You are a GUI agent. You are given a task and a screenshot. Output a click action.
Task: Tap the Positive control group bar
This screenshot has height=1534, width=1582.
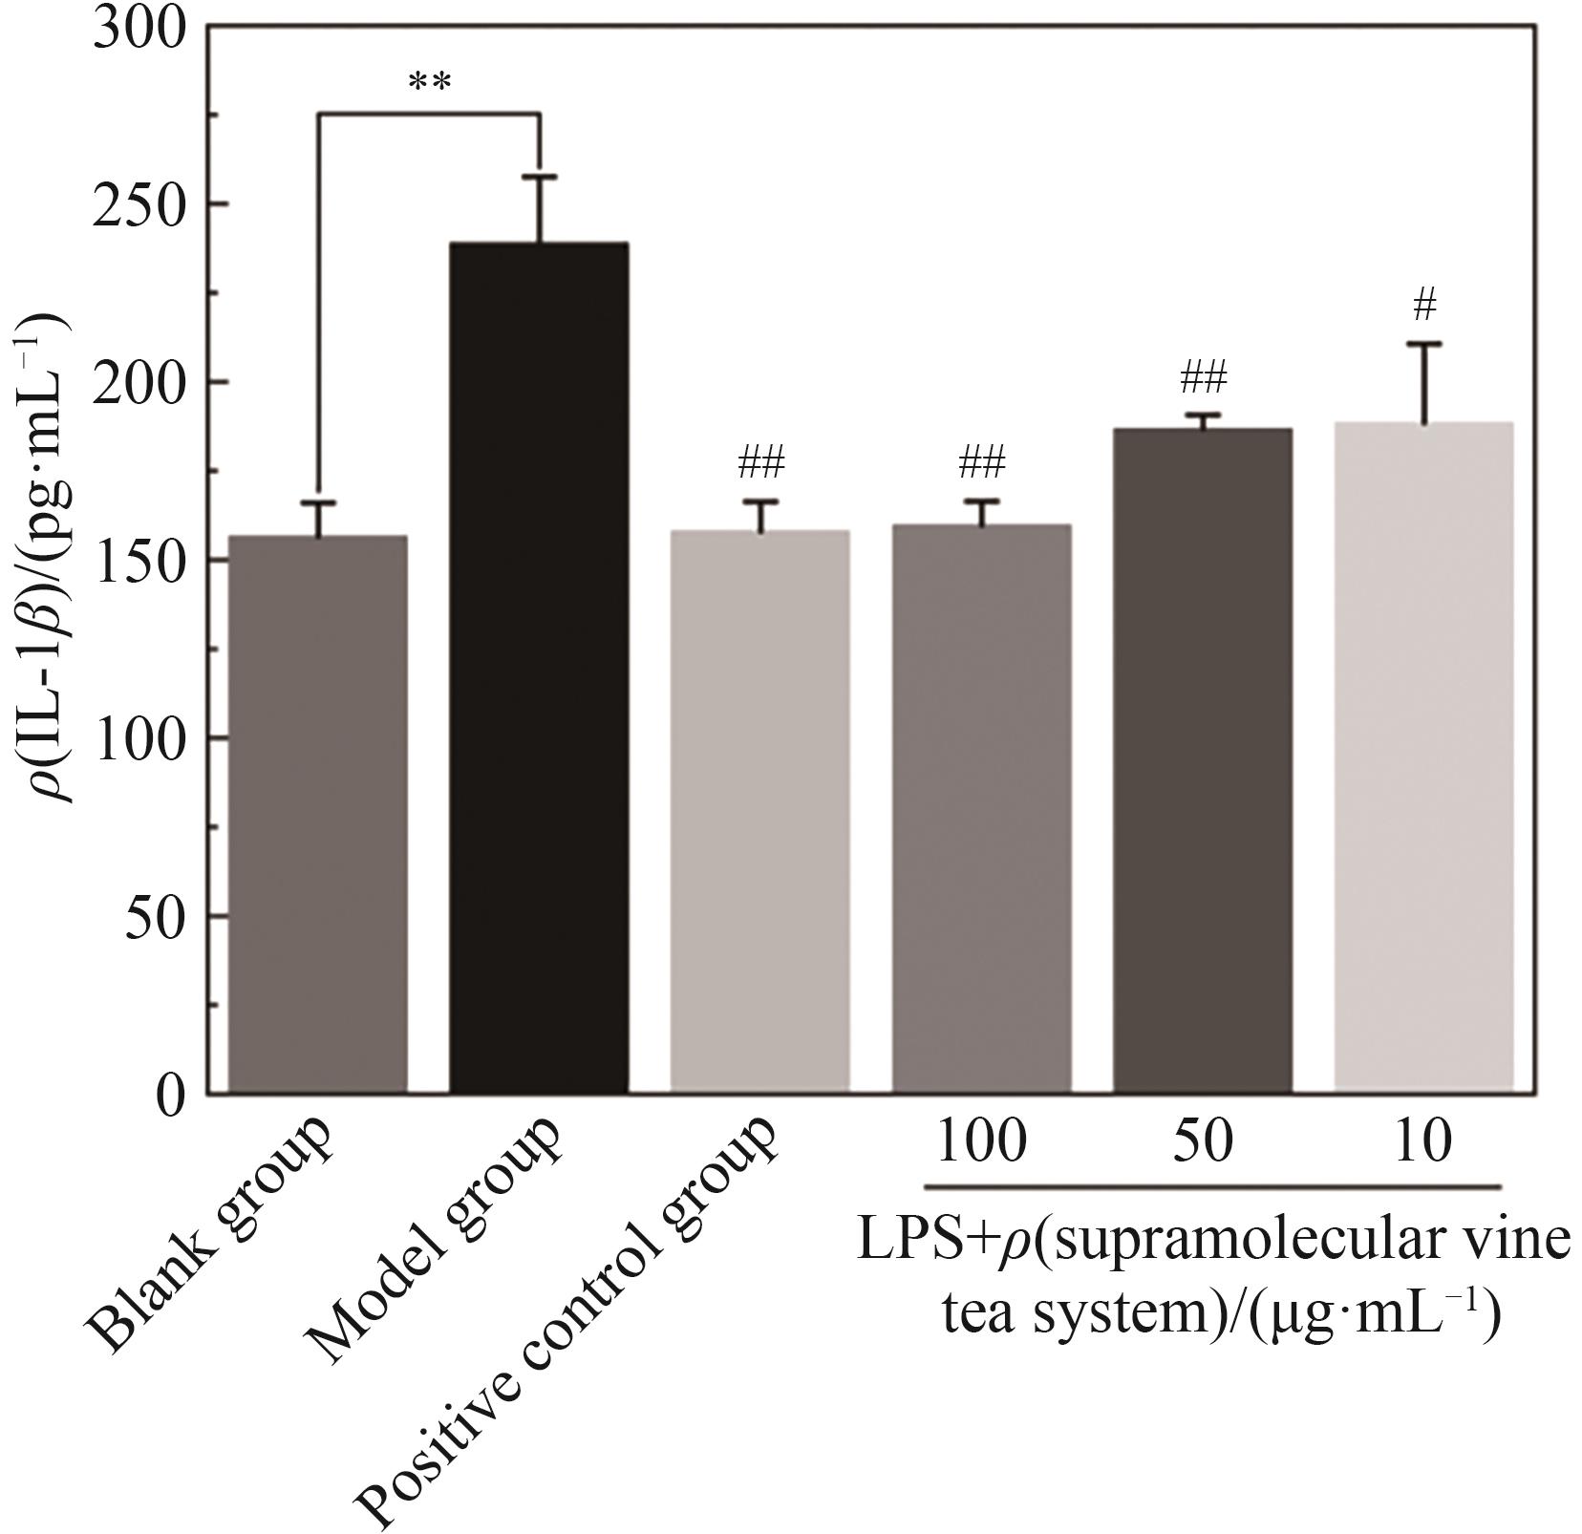coord(759,811)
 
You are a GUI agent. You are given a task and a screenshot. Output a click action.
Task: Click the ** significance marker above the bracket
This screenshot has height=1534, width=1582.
coord(429,82)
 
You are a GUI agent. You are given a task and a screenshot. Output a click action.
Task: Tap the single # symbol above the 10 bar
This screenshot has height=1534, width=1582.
coord(1424,306)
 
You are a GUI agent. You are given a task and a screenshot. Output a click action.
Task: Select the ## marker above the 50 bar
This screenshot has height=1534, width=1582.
coord(1203,378)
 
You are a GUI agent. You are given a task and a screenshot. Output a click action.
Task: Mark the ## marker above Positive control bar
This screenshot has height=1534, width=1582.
coord(760,465)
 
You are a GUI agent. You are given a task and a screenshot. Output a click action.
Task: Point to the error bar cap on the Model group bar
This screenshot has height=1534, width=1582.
coord(540,177)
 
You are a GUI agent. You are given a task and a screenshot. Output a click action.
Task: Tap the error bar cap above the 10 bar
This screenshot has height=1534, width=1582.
coord(1423,343)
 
